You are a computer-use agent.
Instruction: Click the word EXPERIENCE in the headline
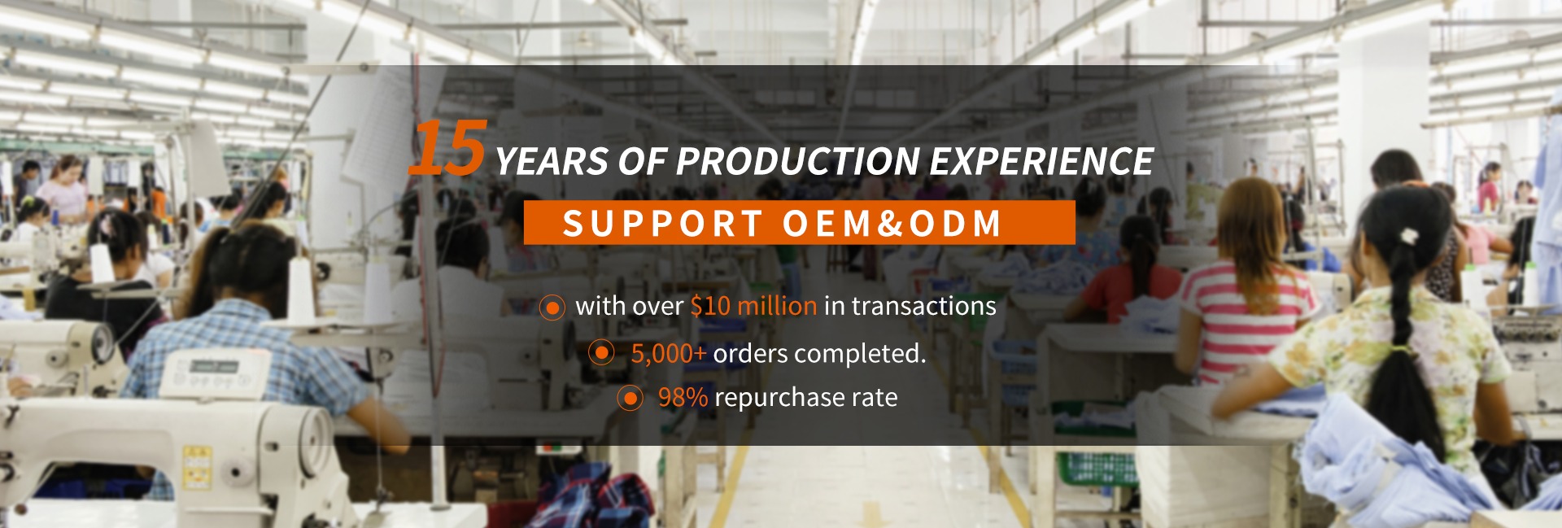click(1041, 161)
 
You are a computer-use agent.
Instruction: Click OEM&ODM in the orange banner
click(892, 223)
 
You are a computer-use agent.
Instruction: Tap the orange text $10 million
click(753, 306)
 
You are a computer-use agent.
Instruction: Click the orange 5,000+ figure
click(669, 354)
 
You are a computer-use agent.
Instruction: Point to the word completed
click(860, 354)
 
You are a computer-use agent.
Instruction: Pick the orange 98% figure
click(683, 397)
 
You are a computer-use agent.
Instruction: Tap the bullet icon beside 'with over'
click(552, 308)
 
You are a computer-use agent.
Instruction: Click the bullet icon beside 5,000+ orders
click(601, 353)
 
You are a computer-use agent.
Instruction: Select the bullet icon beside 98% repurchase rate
click(630, 398)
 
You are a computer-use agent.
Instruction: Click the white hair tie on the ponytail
click(1408, 236)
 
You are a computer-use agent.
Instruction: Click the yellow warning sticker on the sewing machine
click(197, 467)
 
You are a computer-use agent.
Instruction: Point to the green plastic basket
click(1097, 469)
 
